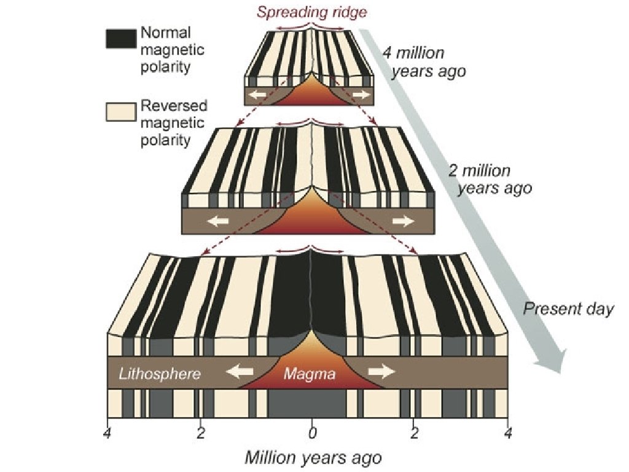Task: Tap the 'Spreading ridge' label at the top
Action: (313, 12)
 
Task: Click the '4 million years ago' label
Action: (423, 62)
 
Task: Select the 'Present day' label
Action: (568, 309)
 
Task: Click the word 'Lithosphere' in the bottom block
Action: (160, 373)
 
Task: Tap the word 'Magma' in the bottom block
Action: (310, 373)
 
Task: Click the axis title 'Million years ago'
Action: (313, 458)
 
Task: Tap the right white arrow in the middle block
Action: (404, 221)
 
